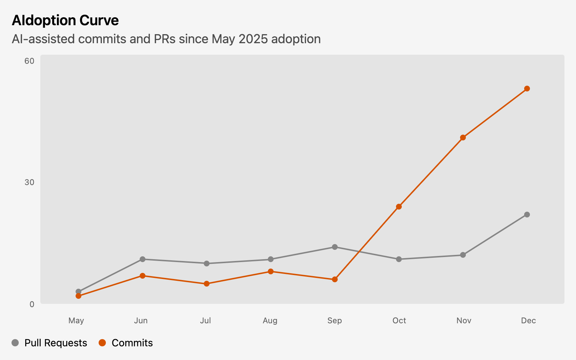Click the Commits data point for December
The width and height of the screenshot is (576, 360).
pyautogui.click(x=527, y=89)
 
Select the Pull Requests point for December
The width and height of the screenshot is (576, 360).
pyautogui.click(x=527, y=215)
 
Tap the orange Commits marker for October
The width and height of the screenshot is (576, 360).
pyautogui.click(x=399, y=207)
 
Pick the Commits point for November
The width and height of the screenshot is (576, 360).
pyautogui.click(x=463, y=138)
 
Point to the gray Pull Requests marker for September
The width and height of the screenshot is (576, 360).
pyautogui.click(x=335, y=247)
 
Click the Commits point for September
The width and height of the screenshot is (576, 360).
pyautogui.click(x=335, y=279)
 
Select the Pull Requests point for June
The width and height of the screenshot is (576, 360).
pyautogui.click(x=143, y=259)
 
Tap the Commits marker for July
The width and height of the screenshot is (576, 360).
pyautogui.click(x=207, y=284)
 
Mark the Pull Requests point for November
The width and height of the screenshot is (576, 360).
pyautogui.click(x=463, y=255)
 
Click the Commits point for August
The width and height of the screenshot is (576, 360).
pyautogui.click(x=271, y=271)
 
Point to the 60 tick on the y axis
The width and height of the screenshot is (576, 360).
pyautogui.click(x=30, y=61)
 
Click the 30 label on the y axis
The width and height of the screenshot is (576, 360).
pyautogui.click(x=30, y=183)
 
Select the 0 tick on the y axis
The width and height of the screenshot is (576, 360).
pyautogui.click(x=32, y=304)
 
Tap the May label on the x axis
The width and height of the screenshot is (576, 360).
pyautogui.click(x=76, y=320)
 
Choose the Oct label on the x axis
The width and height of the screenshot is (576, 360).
pyautogui.click(x=399, y=320)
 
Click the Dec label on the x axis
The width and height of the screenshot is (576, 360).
pyautogui.click(x=528, y=320)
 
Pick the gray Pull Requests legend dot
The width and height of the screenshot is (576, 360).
pyautogui.click(x=15, y=343)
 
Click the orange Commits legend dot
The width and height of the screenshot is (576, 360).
pyautogui.click(x=102, y=343)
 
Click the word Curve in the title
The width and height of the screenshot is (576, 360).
pyautogui.click(x=99, y=21)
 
